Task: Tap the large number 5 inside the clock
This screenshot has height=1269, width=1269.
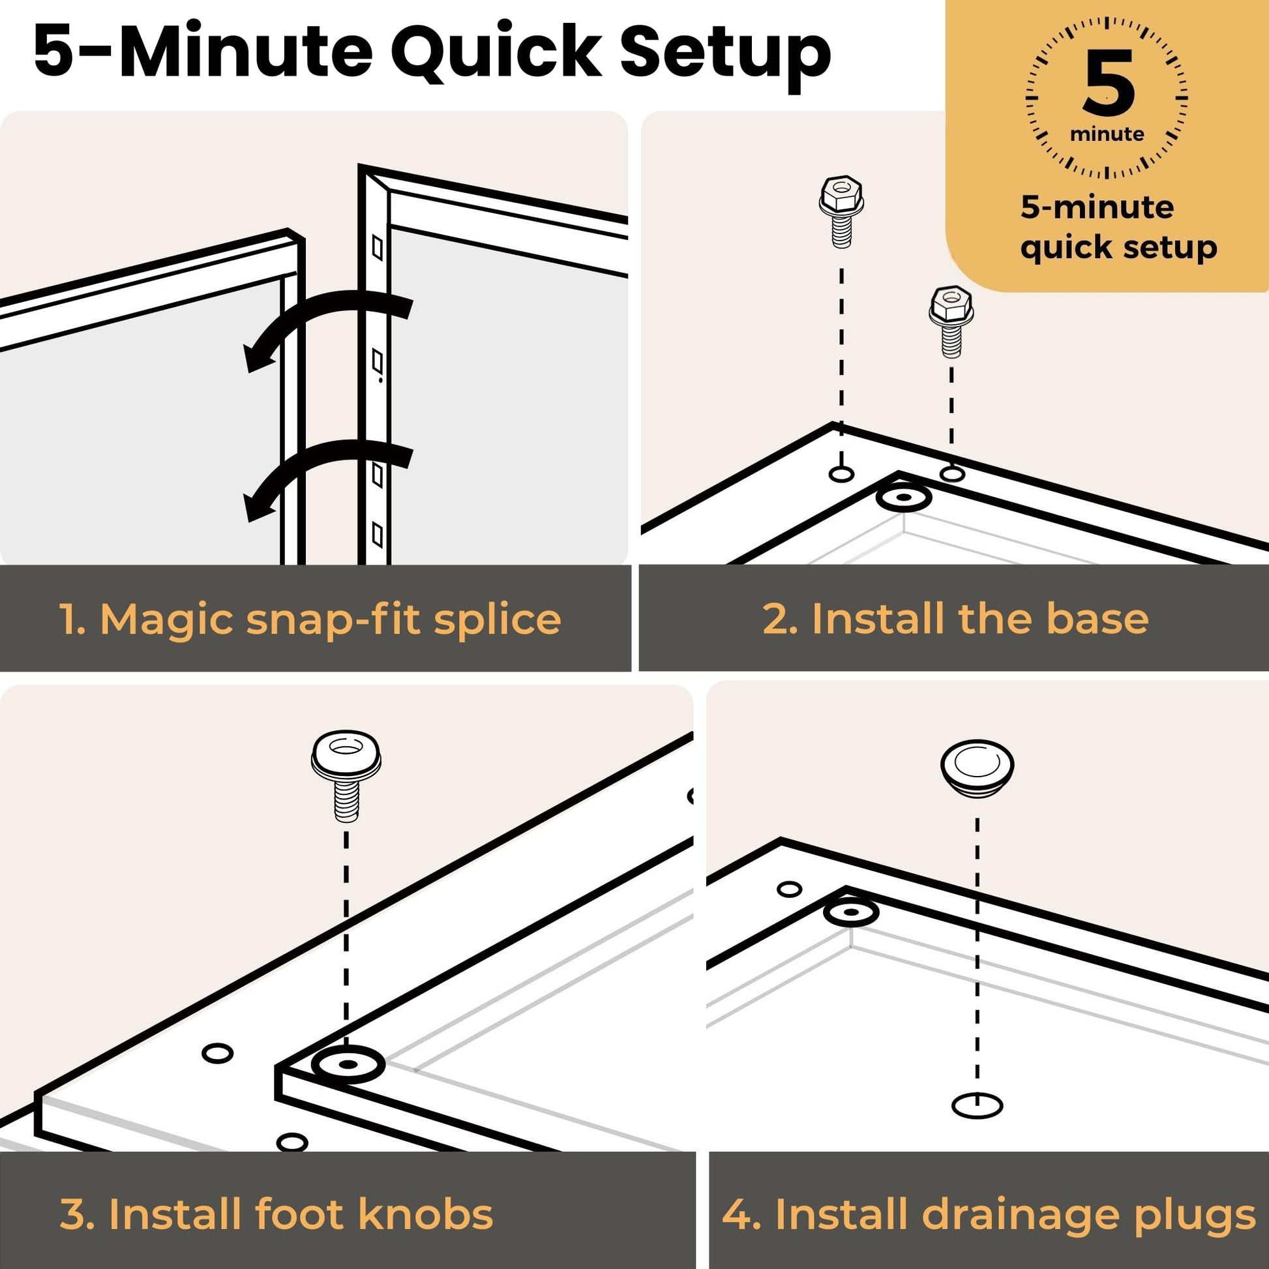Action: point(1109,83)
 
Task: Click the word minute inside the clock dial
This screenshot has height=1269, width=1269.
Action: point(1107,134)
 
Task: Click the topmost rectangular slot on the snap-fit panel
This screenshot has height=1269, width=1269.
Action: point(378,248)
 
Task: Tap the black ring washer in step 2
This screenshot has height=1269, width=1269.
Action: point(904,498)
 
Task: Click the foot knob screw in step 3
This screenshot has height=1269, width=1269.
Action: point(346,775)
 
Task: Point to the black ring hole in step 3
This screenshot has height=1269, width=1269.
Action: point(348,1064)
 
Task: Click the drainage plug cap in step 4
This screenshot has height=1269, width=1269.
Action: point(977,768)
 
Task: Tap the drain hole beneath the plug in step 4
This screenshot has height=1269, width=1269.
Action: point(977,1105)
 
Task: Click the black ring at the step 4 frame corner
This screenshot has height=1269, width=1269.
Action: point(850,912)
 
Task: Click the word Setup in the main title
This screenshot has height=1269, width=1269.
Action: point(725,55)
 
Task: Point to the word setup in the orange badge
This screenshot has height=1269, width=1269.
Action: point(1171,248)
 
